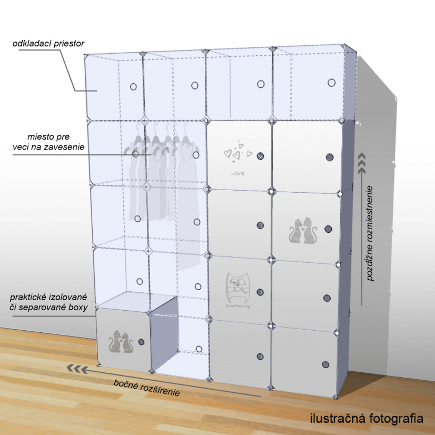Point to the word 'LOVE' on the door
238,173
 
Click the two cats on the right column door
302,232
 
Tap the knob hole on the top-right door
331,83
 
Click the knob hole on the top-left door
133,86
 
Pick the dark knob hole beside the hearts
260,156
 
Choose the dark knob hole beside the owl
260,292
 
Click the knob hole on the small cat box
141,342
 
